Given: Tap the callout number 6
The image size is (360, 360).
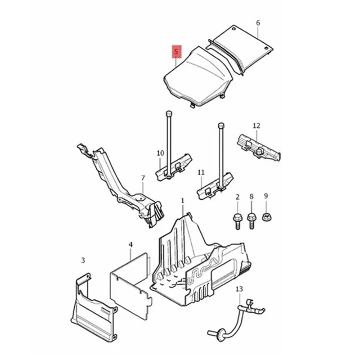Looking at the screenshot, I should [258, 22].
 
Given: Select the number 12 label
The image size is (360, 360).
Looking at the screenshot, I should [256, 126].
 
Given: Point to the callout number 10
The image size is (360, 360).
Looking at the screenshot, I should [161, 153].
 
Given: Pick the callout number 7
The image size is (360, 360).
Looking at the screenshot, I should [143, 178].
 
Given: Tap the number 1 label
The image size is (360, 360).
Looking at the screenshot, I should [182, 200].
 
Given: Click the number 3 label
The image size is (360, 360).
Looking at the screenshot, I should [83, 260].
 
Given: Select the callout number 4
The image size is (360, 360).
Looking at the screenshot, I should [130, 245].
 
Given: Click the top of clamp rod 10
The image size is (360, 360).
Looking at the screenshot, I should [168, 112].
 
